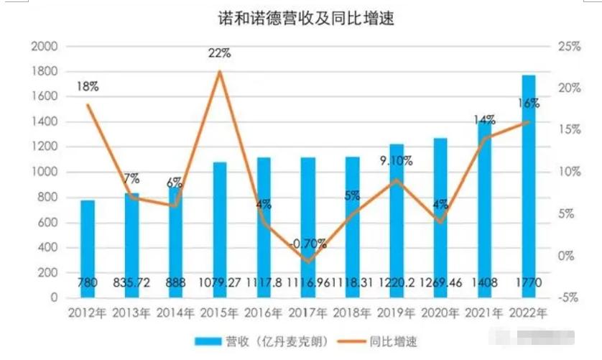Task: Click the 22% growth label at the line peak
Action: click(220, 53)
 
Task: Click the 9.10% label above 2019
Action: click(396, 162)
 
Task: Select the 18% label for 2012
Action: click(88, 87)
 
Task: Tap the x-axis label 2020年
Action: click(440, 313)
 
